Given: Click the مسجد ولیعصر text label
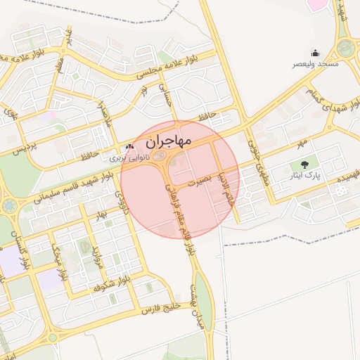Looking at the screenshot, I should pyautogui.click(x=316, y=64).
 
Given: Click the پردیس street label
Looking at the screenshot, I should pyautogui.click(x=23, y=148).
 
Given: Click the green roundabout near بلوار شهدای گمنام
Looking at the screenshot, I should pyautogui.click(x=345, y=48).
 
